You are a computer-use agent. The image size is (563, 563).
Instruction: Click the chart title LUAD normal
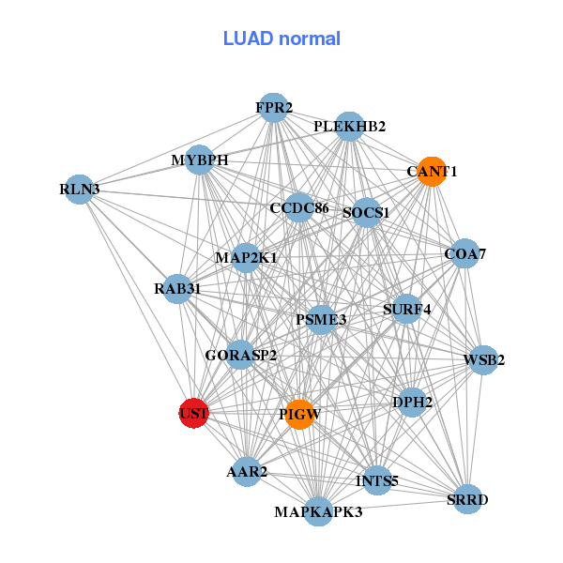281,38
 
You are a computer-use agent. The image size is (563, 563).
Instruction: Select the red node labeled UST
193,413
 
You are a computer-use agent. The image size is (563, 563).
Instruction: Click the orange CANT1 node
431,171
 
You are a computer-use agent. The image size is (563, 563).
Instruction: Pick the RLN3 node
79,190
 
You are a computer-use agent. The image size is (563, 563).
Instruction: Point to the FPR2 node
273,108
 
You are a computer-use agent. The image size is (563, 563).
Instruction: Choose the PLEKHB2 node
349,126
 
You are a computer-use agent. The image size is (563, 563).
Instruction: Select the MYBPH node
199,160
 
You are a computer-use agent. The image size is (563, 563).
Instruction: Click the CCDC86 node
298,207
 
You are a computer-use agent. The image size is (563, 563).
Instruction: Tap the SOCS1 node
366,212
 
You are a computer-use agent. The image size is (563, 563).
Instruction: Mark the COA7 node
464,253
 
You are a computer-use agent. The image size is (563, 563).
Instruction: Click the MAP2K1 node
246,257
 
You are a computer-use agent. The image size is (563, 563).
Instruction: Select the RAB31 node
177,289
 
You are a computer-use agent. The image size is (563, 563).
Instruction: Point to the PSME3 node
322,320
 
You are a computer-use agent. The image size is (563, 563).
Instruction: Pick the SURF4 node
406,309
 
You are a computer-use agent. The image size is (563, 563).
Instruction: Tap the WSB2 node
483,359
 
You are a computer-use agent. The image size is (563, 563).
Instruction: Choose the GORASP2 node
240,355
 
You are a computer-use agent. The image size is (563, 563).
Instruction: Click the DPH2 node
413,403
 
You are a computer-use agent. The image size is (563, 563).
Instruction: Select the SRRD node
467,499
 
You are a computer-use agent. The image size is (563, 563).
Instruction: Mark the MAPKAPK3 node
318,511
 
